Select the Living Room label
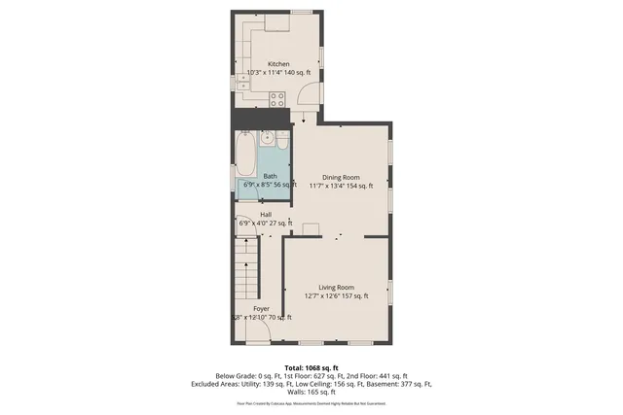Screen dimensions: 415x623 click(335, 288)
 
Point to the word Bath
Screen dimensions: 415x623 click(256, 176)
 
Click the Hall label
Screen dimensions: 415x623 click(265, 214)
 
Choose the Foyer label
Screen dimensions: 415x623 click(261, 308)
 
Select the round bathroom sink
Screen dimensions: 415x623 click(265, 137)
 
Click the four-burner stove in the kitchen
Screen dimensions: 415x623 click(275, 96)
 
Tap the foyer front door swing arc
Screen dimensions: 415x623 click(257, 332)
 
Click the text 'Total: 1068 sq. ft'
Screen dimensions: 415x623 click(311, 366)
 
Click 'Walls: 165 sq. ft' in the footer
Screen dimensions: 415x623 click(311, 391)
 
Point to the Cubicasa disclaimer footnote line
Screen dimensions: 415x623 click(311, 400)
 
